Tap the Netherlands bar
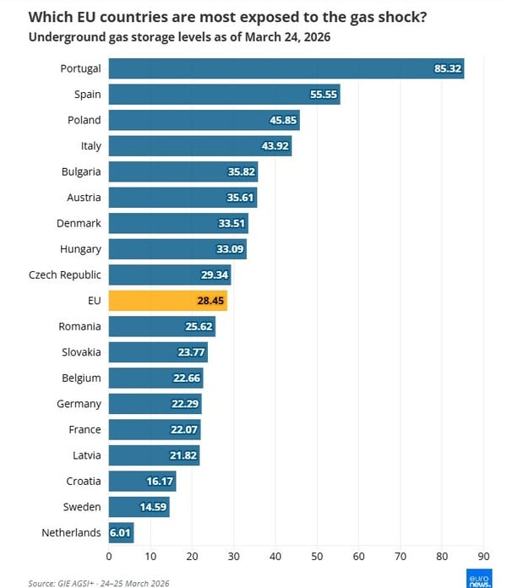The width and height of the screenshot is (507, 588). coord(121,533)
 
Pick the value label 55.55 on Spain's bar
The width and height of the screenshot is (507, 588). coord(324,95)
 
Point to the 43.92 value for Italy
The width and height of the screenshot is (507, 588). coord(275,146)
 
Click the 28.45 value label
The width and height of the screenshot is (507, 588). coord(211,301)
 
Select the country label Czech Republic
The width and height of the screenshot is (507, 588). coord(65,275)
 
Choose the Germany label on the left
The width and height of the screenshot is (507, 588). coord(79,404)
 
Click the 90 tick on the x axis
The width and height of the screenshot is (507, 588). coord(483,557)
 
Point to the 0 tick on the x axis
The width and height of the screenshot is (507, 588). coord(109,557)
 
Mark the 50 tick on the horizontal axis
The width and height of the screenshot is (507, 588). coord(317,557)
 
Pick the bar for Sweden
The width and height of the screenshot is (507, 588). coord(139,507)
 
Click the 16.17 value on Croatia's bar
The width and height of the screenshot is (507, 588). coord(159,482)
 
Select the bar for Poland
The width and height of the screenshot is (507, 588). coord(204,120)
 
